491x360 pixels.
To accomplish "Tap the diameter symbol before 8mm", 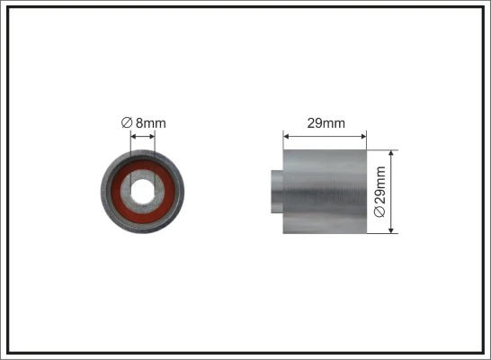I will coord(127,123).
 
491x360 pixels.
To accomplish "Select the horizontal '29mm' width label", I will coord(325,123).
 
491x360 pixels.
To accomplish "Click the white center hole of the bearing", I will coord(142,191).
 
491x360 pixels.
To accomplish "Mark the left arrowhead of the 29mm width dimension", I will coord(287,138).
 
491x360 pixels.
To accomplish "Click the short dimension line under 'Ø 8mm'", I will coord(142,138).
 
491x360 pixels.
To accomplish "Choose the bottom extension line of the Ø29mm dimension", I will coord(382,233).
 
